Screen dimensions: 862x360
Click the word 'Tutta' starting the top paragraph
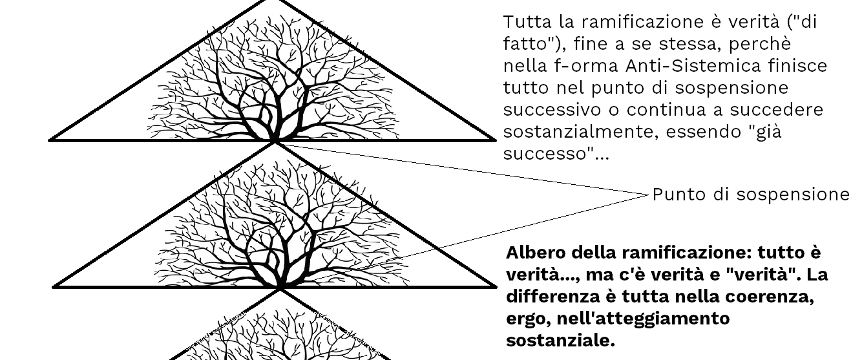click(x=523, y=21)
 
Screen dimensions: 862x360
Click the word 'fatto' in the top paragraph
click(x=523, y=44)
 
